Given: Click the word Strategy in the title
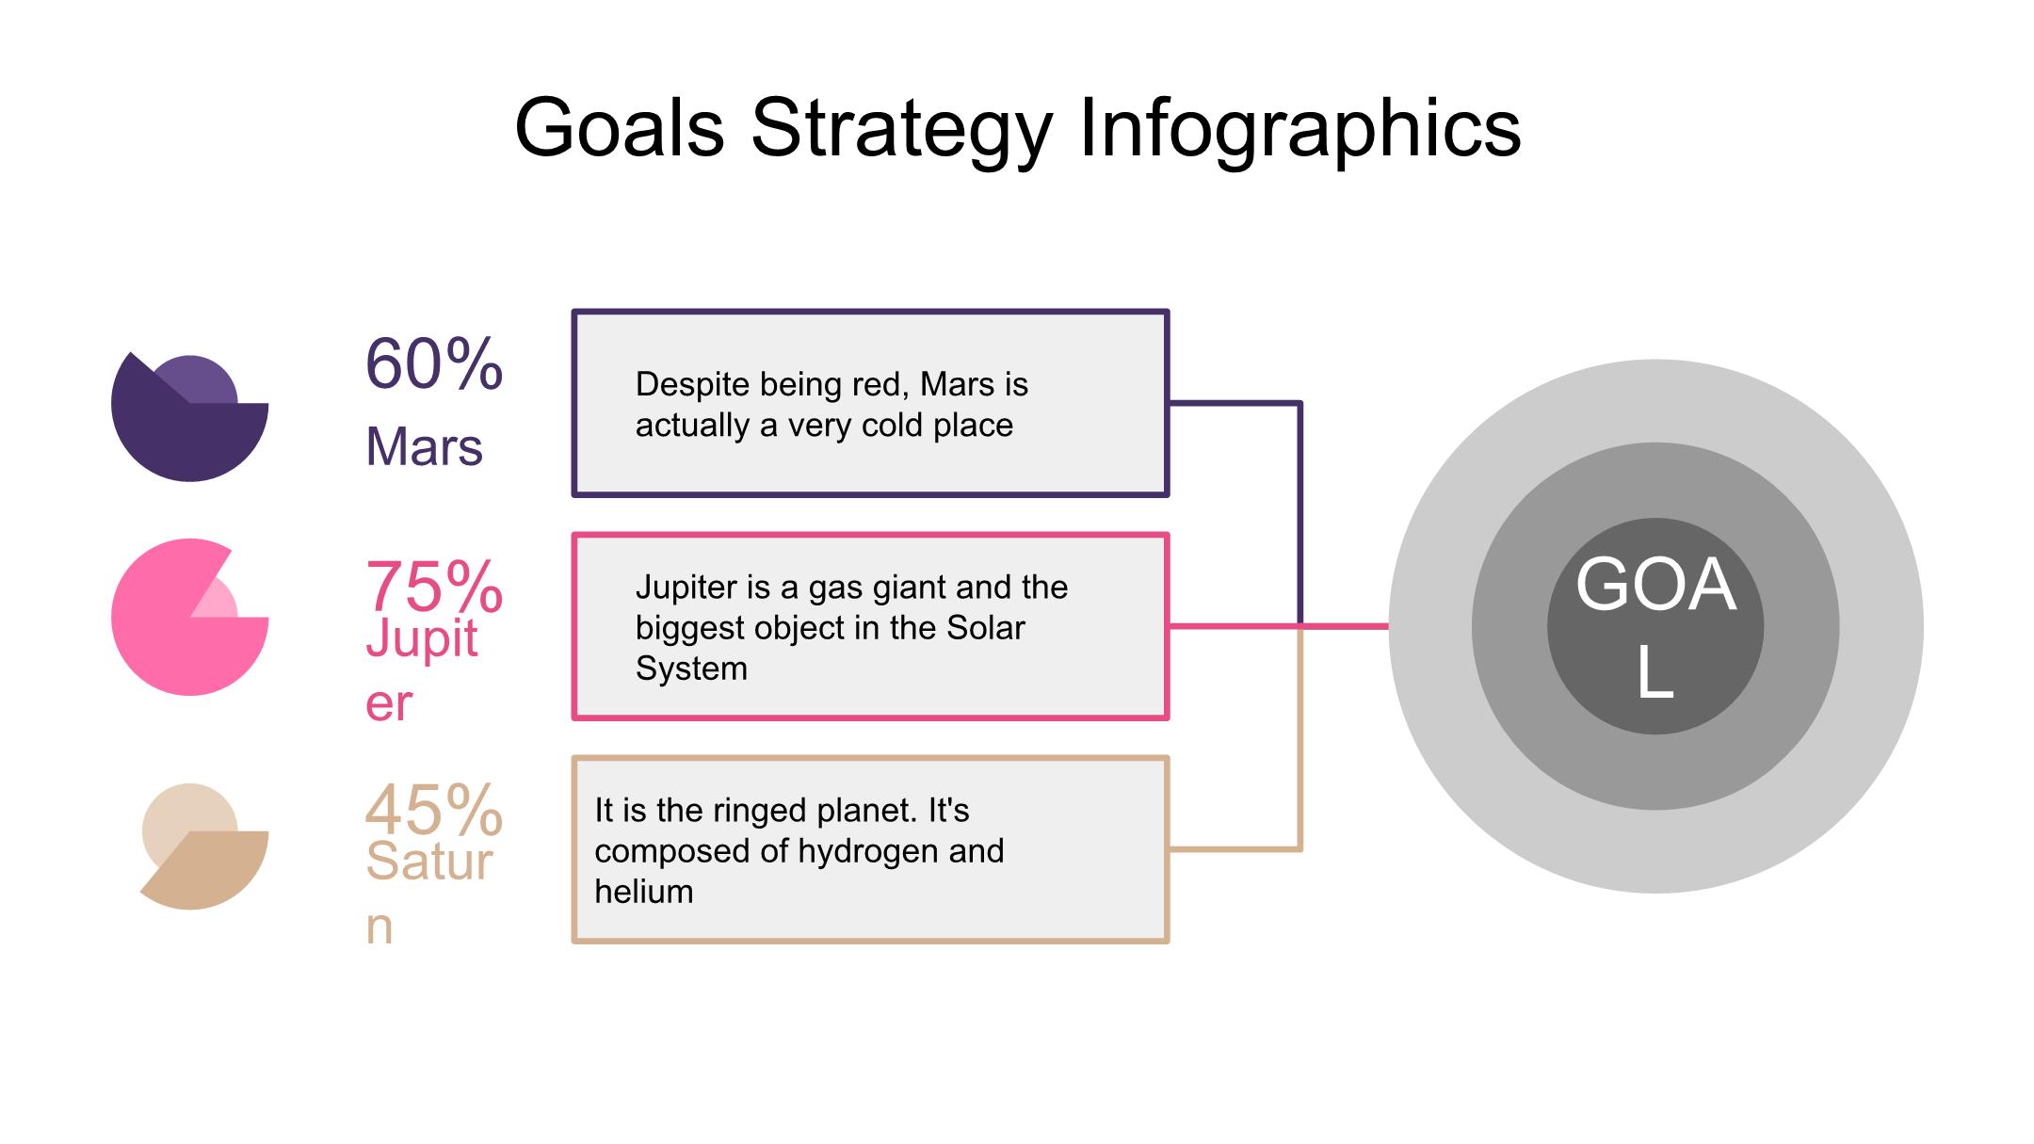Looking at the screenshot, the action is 901,131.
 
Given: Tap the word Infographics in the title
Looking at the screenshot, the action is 1299,131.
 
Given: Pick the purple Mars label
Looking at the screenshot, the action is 424,446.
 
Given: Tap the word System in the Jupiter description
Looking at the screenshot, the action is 691,669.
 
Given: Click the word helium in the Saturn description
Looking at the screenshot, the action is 644,892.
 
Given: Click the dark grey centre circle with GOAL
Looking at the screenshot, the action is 1655,626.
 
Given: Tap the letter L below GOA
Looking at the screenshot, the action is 1655,673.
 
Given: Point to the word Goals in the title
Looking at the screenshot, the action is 620,129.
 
